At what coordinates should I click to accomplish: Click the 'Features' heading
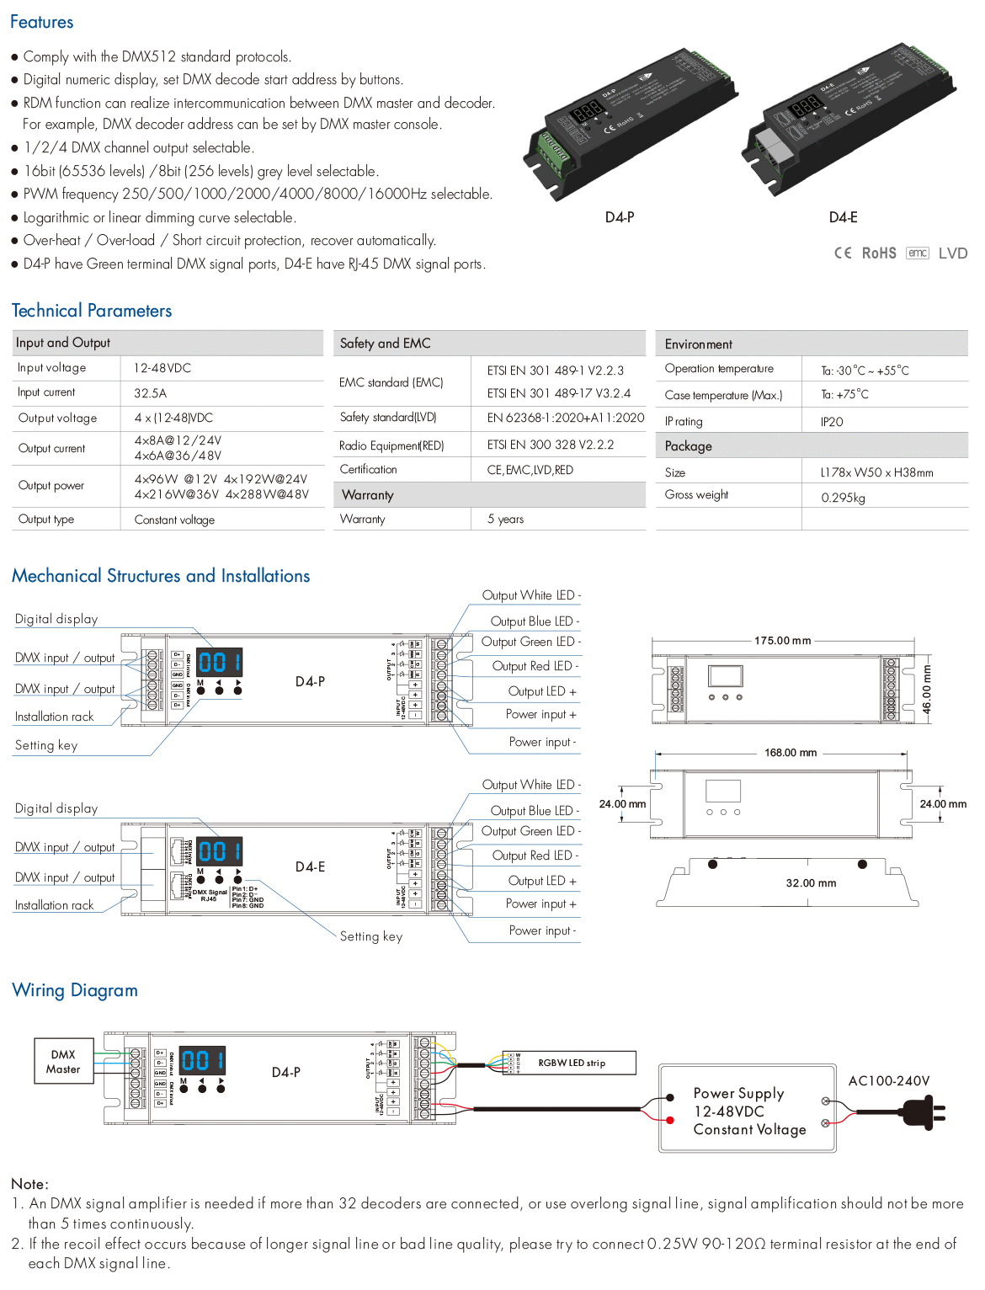point(41,22)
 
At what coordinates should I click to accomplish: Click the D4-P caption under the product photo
point(620,217)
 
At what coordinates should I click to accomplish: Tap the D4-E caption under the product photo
point(843,217)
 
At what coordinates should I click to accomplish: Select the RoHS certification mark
point(878,253)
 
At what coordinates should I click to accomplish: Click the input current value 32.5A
point(151,393)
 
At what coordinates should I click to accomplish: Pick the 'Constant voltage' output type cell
point(174,520)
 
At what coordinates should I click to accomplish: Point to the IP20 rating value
point(832,422)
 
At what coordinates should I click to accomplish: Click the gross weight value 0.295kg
point(843,498)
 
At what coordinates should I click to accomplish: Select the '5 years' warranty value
point(505,519)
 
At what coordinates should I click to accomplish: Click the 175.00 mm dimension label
point(782,641)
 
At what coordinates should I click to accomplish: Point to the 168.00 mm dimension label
point(790,753)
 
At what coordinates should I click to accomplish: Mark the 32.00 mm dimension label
point(811,883)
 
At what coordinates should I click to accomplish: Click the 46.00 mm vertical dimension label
point(926,690)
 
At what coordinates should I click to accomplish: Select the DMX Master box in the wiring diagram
point(63,1062)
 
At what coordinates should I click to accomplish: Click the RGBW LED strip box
point(572,1063)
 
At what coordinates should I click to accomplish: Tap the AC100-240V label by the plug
point(888,1081)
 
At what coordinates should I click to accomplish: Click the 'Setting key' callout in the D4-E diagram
point(370,936)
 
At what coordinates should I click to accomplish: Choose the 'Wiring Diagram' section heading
point(75,990)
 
